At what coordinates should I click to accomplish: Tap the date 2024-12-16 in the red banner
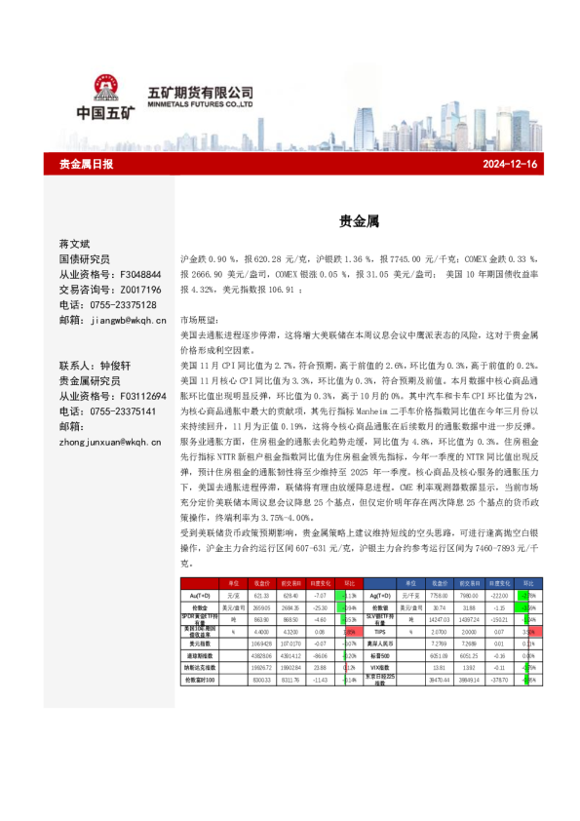pos(510,164)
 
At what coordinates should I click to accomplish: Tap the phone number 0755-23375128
pos(125,304)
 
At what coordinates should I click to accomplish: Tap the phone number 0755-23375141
pos(125,410)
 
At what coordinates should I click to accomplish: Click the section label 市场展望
pos(201,320)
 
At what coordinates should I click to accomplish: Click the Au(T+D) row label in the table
pos(202,595)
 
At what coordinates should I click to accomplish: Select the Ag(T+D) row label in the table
pos(381,595)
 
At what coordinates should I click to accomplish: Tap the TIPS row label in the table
pos(381,632)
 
